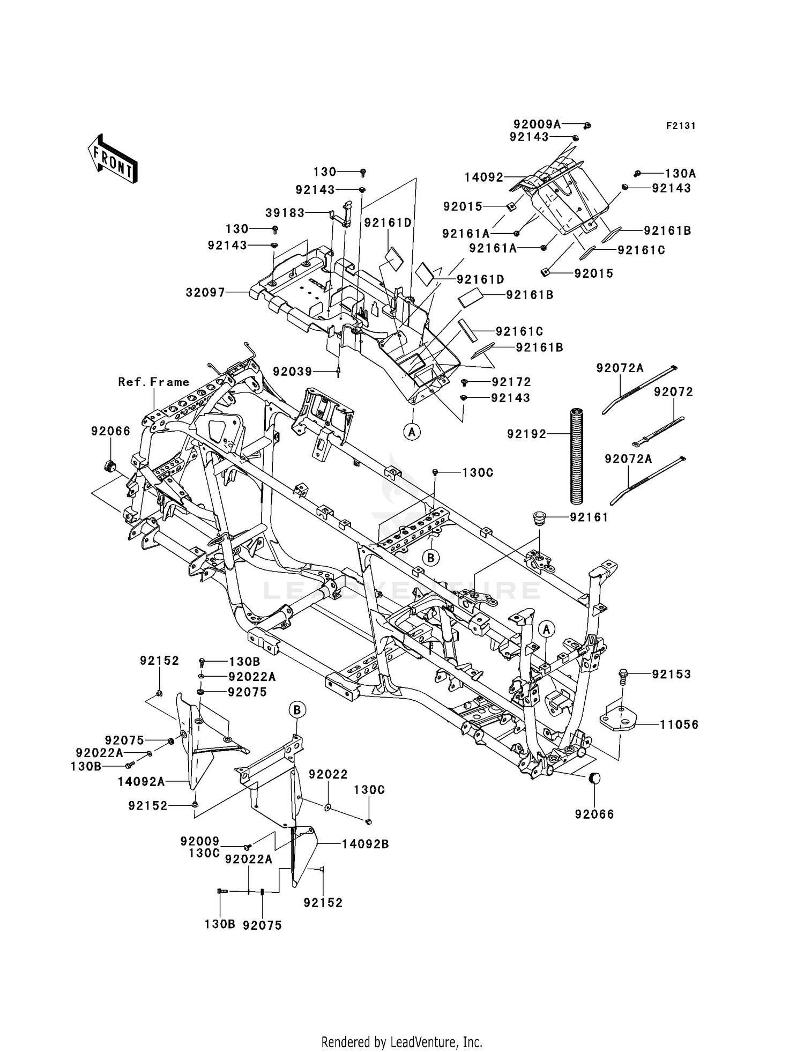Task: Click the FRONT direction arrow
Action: click(113, 158)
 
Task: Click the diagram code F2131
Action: click(681, 126)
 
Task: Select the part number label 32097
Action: click(205, 293)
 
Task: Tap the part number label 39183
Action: click(285, 213)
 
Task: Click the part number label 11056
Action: click(679, 725)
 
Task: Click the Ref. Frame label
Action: click(154, 382)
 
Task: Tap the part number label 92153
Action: click(671, 674)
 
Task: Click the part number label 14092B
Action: click(365, 844)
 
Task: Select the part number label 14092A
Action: click(142, 782)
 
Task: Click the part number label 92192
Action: click(526, 434)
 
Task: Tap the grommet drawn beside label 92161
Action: click(538, 518)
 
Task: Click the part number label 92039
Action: click(292, 371)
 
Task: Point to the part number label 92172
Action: click(511, 382)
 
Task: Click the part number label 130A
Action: click(680, 173)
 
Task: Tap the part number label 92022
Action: click(328, 774)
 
